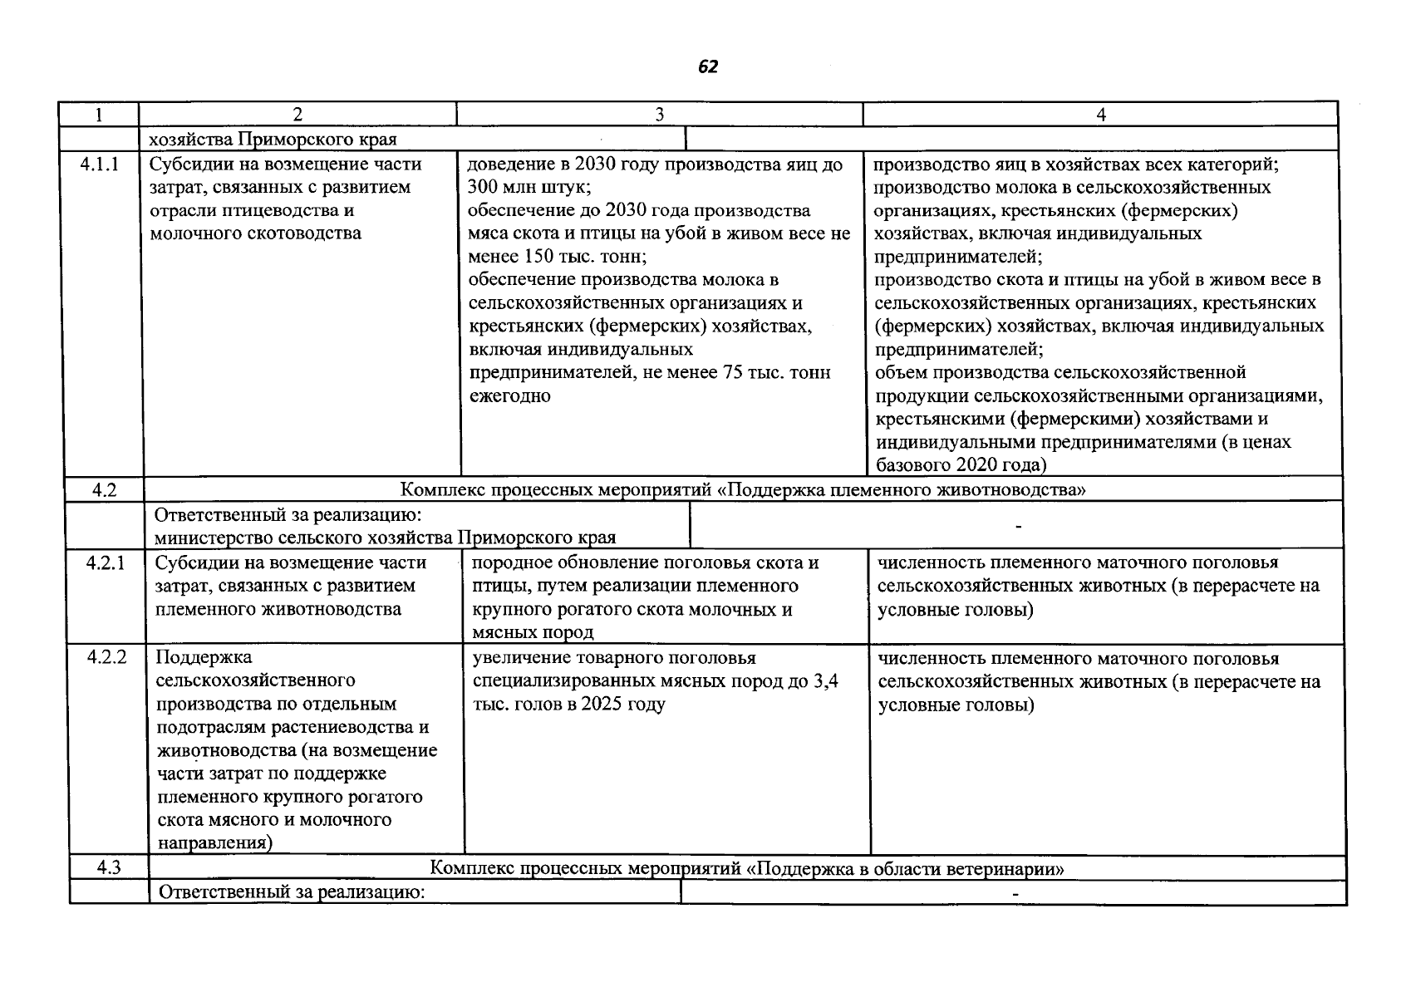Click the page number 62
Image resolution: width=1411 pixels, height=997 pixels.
707,67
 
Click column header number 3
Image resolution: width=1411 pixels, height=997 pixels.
658,115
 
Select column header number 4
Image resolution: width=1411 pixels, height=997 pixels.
1101,115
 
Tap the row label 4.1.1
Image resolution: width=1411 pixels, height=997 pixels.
99,165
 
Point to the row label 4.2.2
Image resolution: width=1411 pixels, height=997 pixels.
106,658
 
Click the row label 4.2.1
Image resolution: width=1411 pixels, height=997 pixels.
106,563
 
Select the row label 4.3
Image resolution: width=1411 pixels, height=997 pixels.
108,868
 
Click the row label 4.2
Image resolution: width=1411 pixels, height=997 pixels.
104,490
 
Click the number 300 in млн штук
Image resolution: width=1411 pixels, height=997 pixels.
482,187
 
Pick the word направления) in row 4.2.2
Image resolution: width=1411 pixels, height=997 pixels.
214,843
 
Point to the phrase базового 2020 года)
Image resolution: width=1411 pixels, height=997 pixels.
961,465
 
